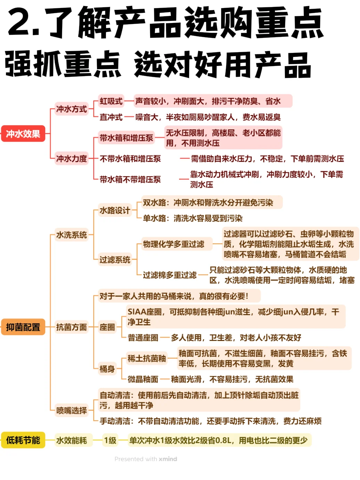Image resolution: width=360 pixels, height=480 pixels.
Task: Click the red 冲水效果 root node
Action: (x=23, y=134)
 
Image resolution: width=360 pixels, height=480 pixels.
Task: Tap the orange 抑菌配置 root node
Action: (x=23, y=327)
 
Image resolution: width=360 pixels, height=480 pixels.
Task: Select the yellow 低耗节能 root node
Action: (x=23, y=440)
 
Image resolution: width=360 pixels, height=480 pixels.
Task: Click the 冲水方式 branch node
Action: (x=71, y=109)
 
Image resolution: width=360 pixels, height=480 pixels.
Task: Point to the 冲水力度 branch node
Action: (x=71, y=158)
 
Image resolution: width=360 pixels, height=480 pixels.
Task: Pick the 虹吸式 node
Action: (x=111, y=101)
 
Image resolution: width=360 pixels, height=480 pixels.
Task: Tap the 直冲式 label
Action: (x=111, y=117)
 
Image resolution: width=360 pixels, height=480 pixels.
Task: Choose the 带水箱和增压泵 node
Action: (x=126, y=138)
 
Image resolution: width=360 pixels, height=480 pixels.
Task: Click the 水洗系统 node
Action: (x=71, y=235)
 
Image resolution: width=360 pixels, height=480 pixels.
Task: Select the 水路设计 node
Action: (x=115, y=210)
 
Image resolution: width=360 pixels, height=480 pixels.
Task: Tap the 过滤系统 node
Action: (x=115, y=260)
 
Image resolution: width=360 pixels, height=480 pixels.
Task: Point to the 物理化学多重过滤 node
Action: (x=173, y=244)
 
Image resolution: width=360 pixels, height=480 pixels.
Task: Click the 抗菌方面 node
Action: (x=71, y=327)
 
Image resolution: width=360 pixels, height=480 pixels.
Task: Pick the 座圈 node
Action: (x=107, y=327)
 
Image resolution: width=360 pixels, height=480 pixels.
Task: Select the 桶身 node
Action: (x=107, y=369)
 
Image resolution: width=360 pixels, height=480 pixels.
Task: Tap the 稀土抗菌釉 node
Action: (x=147, y=358)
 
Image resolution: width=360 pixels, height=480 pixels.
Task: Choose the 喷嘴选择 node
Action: (x=71, y=410)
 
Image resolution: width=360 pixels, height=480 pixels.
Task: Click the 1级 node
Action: (x=110, y=440)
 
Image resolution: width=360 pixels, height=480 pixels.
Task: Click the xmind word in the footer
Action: (x=168, y=459)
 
